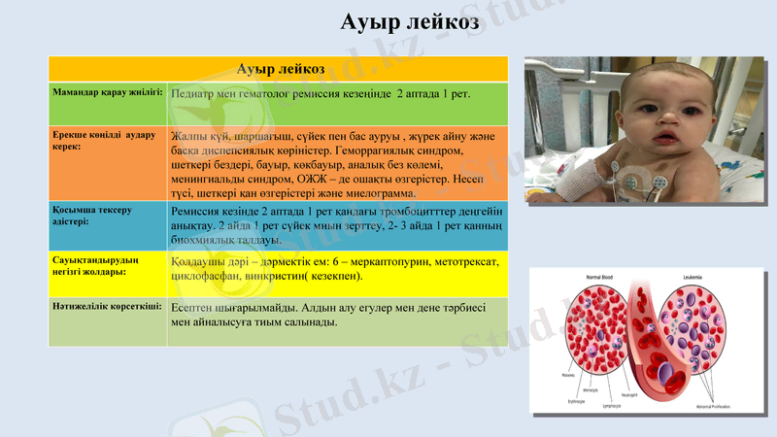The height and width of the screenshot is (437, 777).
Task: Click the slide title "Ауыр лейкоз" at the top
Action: [410, 22]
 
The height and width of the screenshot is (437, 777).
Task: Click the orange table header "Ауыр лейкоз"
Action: [281, 69]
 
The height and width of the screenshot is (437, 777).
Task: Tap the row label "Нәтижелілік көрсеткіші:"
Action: [107, 306]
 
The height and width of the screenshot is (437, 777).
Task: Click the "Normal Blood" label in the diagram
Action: [599, 278]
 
